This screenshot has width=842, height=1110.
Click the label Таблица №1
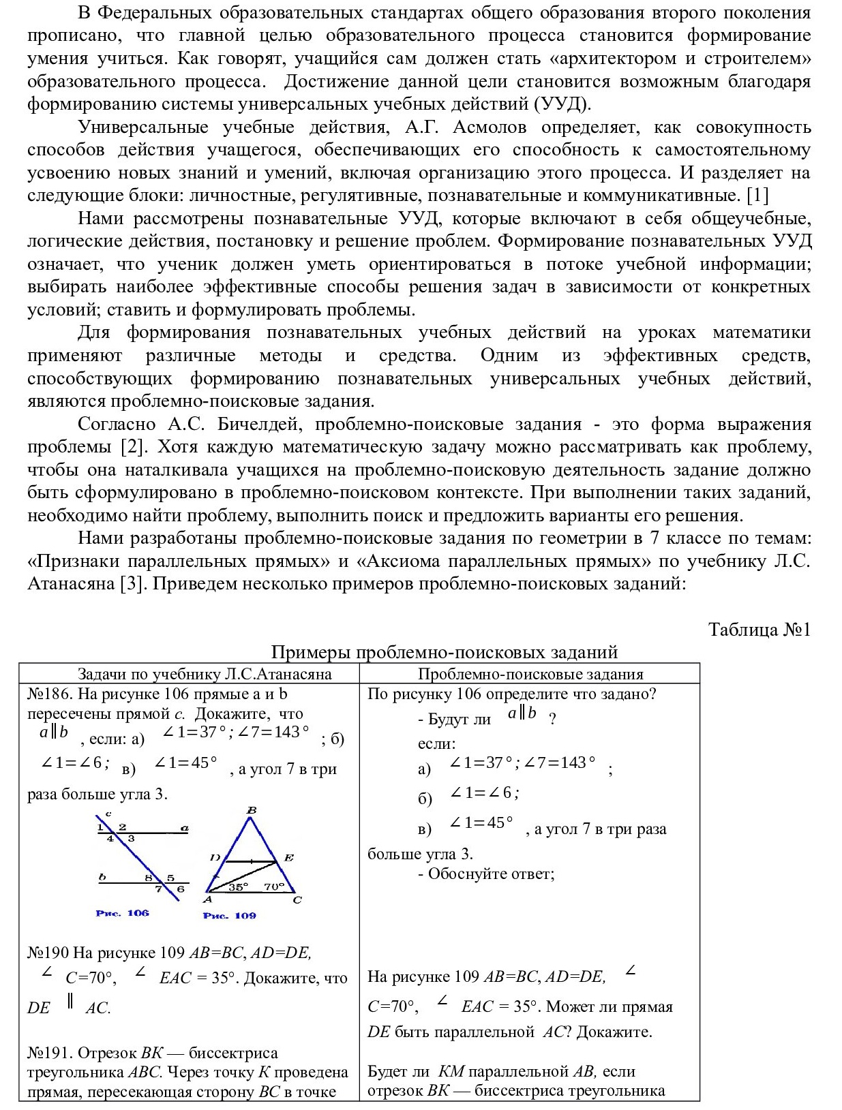point(760,629)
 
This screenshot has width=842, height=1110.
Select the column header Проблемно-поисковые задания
point(530,674)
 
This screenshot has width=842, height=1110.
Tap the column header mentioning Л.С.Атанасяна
point(205,674)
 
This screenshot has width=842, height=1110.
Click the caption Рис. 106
point(123,913)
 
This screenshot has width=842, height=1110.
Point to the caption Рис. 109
point(229,915)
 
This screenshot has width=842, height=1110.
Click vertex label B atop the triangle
point(252,810)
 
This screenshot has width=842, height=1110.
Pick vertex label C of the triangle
point(297,900)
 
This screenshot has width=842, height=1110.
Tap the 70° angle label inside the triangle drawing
point(274,887)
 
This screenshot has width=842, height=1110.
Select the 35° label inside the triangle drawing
point(239,887)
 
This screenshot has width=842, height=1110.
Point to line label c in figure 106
point(108,814)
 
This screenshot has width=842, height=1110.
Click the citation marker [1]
point(757,196)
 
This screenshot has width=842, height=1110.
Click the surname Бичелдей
point(255,425)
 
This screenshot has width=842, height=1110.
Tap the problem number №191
point(48,1053)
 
